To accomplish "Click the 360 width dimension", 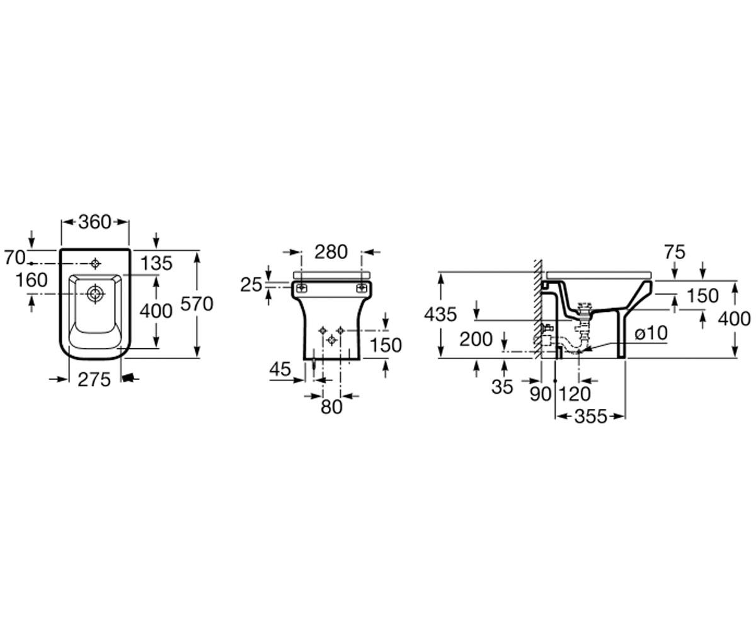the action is point(94,222).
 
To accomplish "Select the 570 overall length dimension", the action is point(197,304).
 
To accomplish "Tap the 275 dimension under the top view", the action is point(94,379).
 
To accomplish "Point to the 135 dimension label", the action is point(156,263).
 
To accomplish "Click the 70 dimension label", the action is point(14,258).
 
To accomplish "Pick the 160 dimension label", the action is point(31,280).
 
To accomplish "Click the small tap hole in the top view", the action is point(95,263).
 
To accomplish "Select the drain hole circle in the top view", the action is point(95,294).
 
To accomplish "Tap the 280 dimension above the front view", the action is point(331,251).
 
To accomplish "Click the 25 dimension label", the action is point(251,285).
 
